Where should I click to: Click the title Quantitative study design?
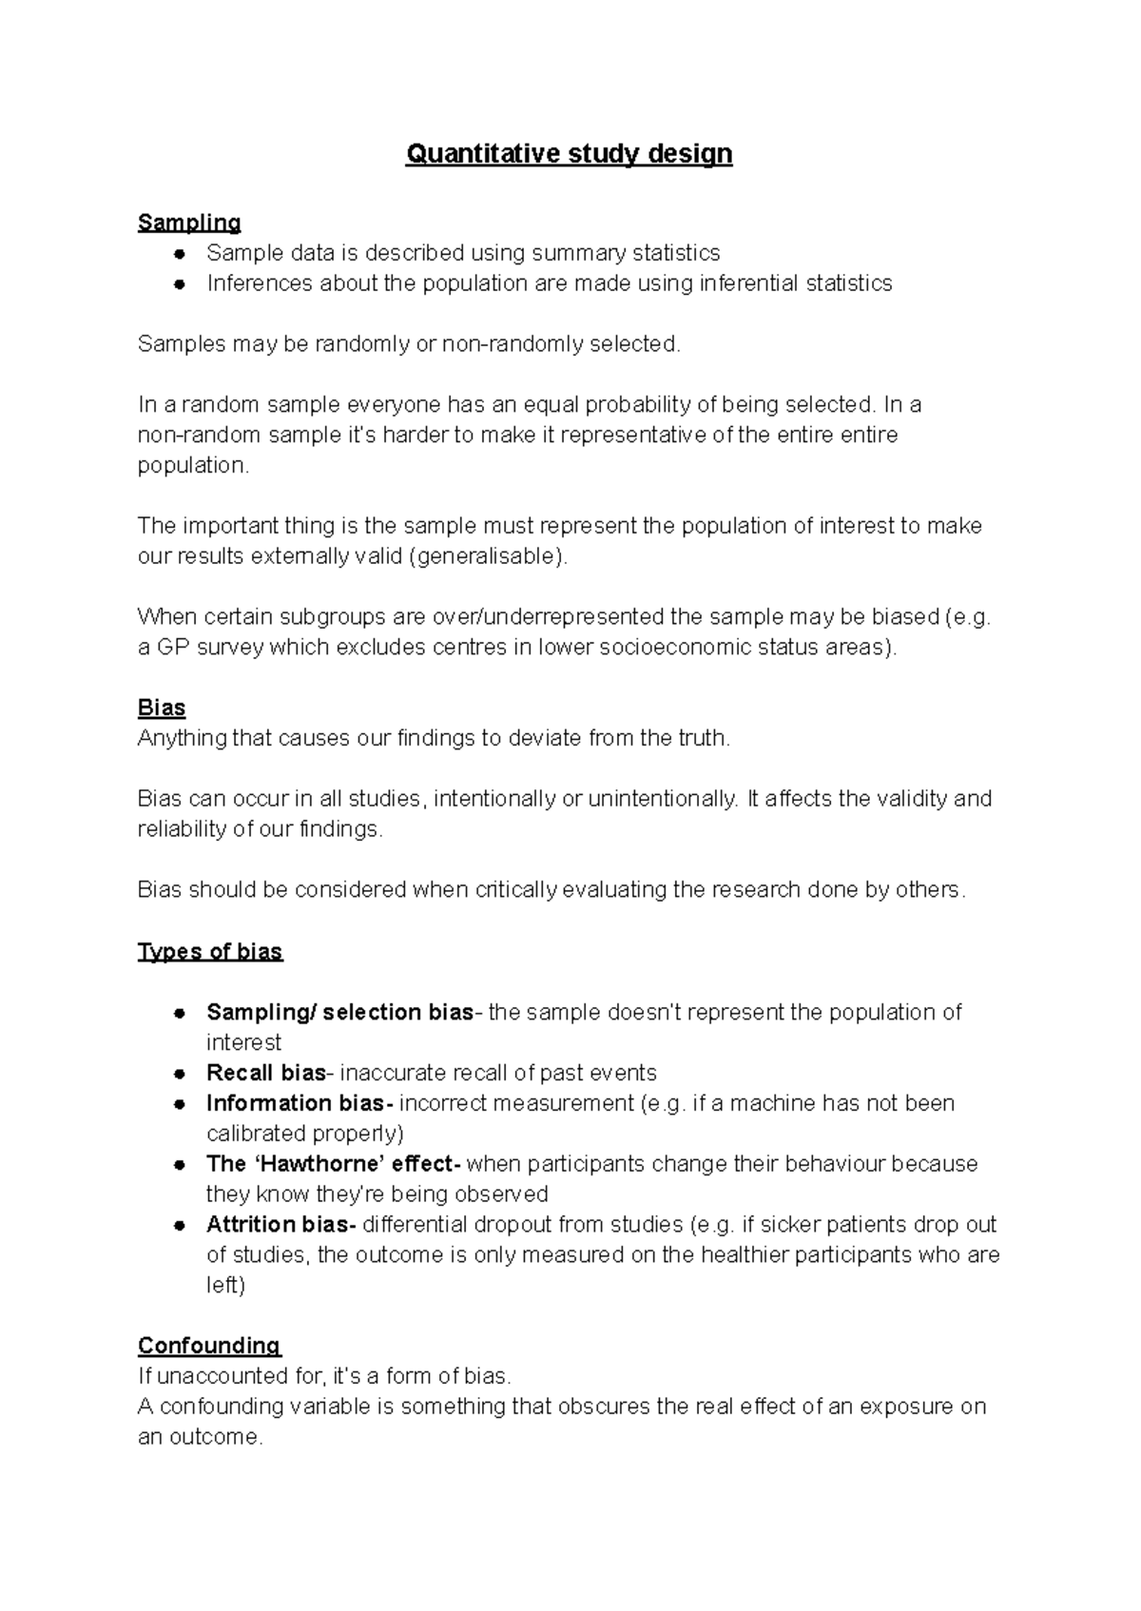(569, 154)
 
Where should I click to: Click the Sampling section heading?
(189, 223)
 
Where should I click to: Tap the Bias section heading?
(162, 708)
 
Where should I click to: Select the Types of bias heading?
(210, 952)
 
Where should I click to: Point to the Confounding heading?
(209, 1346)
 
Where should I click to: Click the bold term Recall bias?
(266, 1073)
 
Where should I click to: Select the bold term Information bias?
(299, 1103)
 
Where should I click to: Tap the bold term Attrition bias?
(280, 1224)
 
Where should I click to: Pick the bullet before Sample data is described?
(178, 254)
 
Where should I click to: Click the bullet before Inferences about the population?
(178, 284)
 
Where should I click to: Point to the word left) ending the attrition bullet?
(225, 1286)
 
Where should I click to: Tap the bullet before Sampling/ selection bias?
(178, 1013)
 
